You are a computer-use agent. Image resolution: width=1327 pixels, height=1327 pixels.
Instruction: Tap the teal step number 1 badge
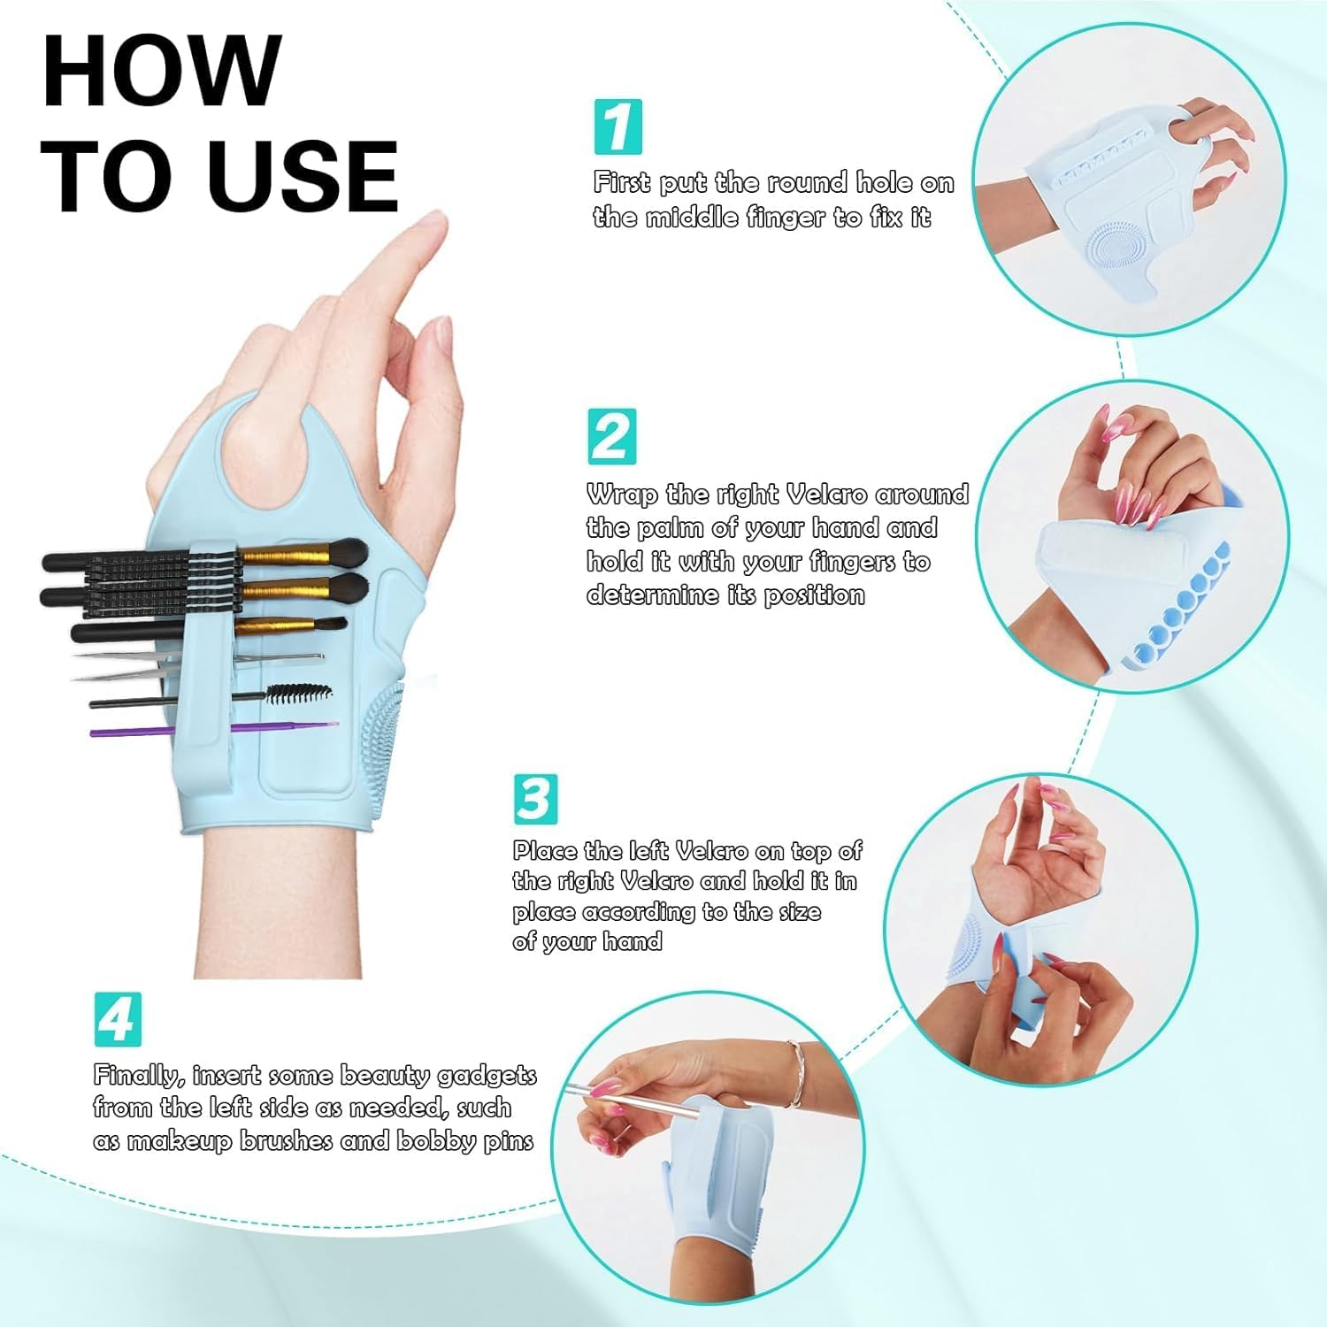(x=617, y=127)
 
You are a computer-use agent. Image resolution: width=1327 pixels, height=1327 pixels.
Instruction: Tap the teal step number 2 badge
(x=611, y=436)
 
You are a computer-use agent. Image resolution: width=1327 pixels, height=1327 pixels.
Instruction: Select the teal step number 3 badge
(x=535, y=799)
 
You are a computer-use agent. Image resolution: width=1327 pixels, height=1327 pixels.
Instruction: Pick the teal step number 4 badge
(x=117, y=1019)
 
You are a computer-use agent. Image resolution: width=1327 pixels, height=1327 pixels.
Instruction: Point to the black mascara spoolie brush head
(x=299, y=693)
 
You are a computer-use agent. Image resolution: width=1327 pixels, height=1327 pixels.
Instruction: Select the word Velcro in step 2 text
(x=827, y=494)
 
